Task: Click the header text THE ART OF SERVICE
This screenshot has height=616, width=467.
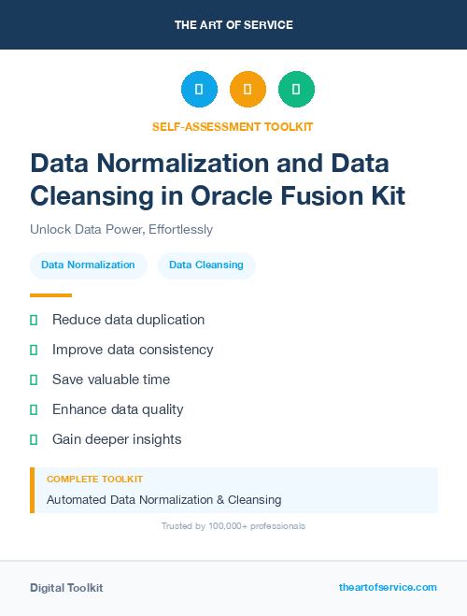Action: pyautogui.click(x=233, y=25)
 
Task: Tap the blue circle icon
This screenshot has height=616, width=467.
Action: pyautogui.click(x=199, y=90)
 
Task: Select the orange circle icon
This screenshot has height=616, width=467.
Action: pyautogui.click(x=248, y=90)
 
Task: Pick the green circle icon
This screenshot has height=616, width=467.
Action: pyautogui.click(x=296, y=90)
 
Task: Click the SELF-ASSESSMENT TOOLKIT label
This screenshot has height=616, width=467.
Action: pyautogui.click(x=233, y=126)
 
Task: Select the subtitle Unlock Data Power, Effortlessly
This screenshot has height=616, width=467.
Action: pyautogui.click(x=121, y=229)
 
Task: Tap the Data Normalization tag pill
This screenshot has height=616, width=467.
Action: pyautogui.click(x=88, y=265)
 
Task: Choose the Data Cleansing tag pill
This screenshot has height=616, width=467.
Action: pyautogui.click(x=206, y=265)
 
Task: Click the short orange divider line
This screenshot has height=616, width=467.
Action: pyautogui.click(x=50, y=294)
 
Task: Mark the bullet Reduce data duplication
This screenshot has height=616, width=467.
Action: pyautogui.click(x=128, y=320)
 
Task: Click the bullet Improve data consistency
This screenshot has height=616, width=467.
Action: pyautogui.click(x=133, y=350)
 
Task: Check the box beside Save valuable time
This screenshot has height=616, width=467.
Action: pyautogui.click(x=34, y=380)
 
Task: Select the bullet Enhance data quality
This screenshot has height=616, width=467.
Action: pyautogui.click(x=118, y=409)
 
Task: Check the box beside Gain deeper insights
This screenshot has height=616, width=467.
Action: pyautogui.click(x=34, y=439)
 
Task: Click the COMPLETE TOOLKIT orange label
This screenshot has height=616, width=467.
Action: pyautogui.click(x=94, y=479)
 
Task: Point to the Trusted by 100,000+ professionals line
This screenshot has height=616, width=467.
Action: pyautogui.click(x=233, y=526)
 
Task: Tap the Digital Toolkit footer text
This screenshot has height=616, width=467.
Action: pyautogui.click(x=66, y=588)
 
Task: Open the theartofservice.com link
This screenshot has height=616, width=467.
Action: pyautogui.click(x=388, y=587)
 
